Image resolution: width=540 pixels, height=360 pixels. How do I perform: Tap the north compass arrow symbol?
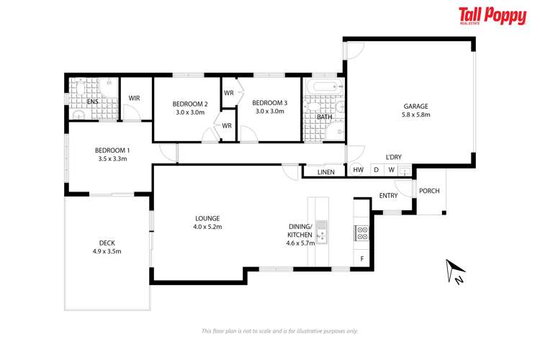(453, 271)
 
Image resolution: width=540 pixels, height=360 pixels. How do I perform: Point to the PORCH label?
(429, 191)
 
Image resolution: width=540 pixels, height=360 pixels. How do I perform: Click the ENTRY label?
(388, 196)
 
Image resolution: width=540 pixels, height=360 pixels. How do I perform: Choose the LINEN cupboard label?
(325, 172)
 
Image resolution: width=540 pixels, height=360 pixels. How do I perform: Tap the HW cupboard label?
(358, 171)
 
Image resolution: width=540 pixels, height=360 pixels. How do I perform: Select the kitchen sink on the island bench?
(322, 233)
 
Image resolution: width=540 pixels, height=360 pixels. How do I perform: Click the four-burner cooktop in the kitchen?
(362, 233)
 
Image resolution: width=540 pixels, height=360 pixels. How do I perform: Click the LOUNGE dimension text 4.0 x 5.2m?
(207, 227)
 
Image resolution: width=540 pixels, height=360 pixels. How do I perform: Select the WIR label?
(135, 99)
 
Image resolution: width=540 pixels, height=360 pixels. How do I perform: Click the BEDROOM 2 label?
(190, 104)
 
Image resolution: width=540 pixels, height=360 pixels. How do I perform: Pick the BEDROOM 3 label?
(269, 103)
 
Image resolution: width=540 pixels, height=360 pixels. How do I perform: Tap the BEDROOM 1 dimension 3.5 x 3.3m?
(111, 158)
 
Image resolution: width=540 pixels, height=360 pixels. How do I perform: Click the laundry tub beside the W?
(405, 171)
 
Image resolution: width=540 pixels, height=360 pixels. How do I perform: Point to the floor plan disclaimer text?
(279, 331)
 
